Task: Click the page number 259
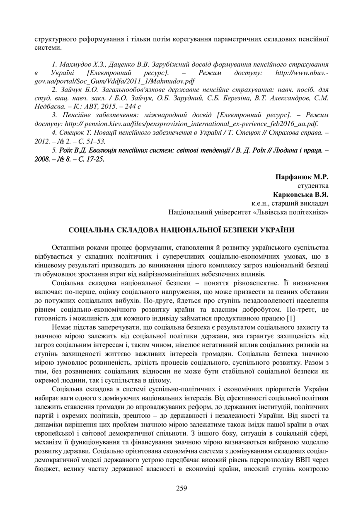[x=181, y=488]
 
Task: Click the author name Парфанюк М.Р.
[x=302, y=177]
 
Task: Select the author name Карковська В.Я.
[x=301, y=194]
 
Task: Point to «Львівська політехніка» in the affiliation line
[x=290, y=212]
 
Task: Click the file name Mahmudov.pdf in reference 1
[x=177, y=81]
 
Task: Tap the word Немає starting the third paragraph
[x=62, y=327]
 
